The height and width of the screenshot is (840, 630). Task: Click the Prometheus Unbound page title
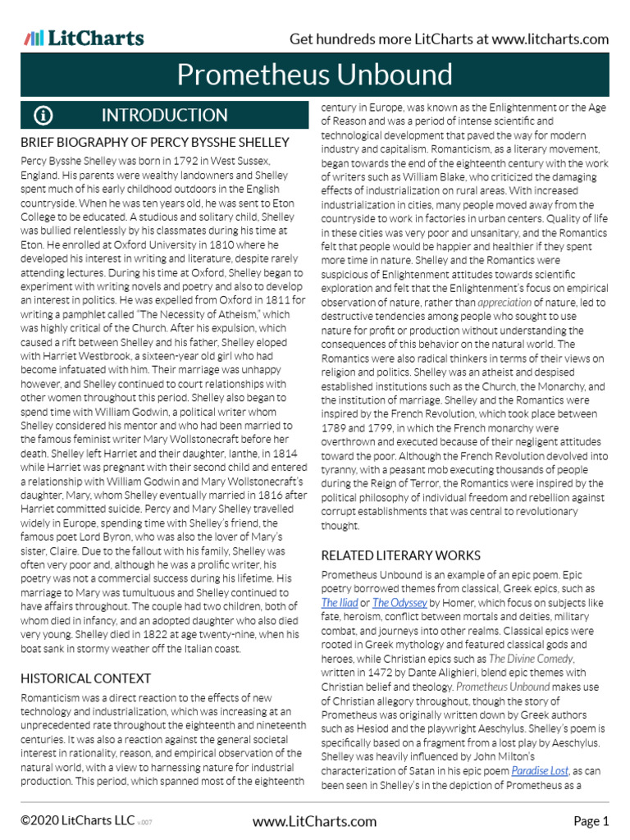314,75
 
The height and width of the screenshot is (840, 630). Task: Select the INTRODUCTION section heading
164,116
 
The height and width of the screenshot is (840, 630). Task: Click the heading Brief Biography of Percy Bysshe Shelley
155,143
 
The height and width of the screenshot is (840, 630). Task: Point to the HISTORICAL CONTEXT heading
85,678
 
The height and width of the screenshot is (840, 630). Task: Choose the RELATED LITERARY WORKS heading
399,555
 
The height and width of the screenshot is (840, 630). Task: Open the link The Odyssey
399,602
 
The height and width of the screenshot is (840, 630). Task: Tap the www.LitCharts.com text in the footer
314,821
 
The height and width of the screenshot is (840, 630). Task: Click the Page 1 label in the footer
591,821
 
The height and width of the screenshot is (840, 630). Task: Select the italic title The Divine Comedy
531,658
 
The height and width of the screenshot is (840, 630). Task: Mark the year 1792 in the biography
185,161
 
